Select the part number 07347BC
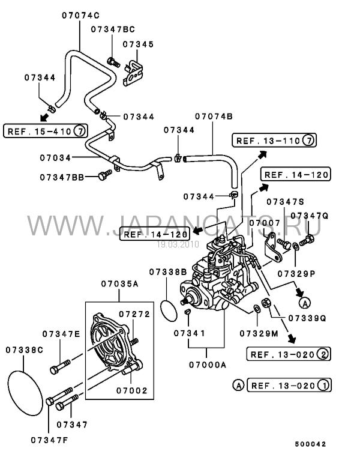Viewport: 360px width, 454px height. coord(113,29)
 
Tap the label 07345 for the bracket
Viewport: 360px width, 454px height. coord(138,44)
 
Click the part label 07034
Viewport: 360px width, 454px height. coord(55,158)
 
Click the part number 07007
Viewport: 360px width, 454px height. coord(265,223)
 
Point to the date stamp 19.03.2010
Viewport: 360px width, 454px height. coord(178,244)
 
